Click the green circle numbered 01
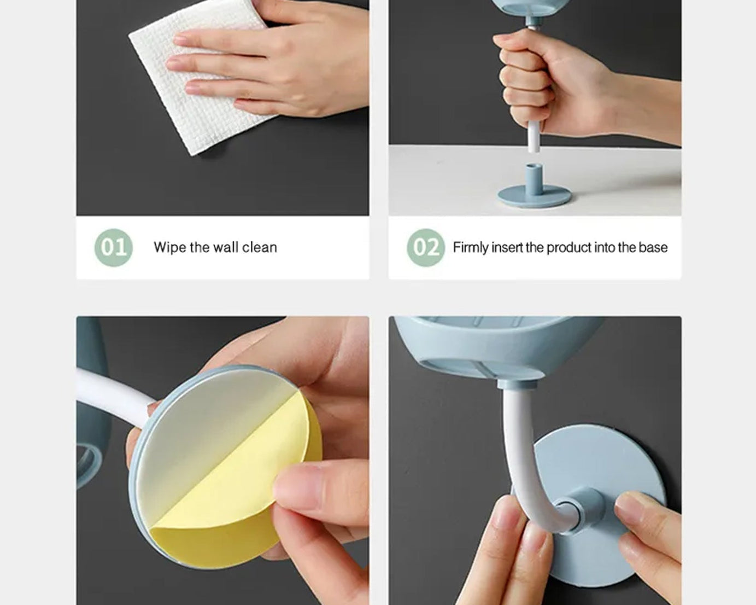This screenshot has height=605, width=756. point(113,247)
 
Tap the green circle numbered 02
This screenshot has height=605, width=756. point(425,247)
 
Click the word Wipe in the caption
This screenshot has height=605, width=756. point(170,247)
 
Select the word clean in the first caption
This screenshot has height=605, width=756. point(259,247)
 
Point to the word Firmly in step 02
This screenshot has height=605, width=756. point(471,247)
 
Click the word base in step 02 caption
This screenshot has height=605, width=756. point(653,247)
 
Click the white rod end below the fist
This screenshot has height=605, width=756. point(534,137)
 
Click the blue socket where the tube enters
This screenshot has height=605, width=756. point(582,509)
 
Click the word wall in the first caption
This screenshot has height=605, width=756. point(225,247)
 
